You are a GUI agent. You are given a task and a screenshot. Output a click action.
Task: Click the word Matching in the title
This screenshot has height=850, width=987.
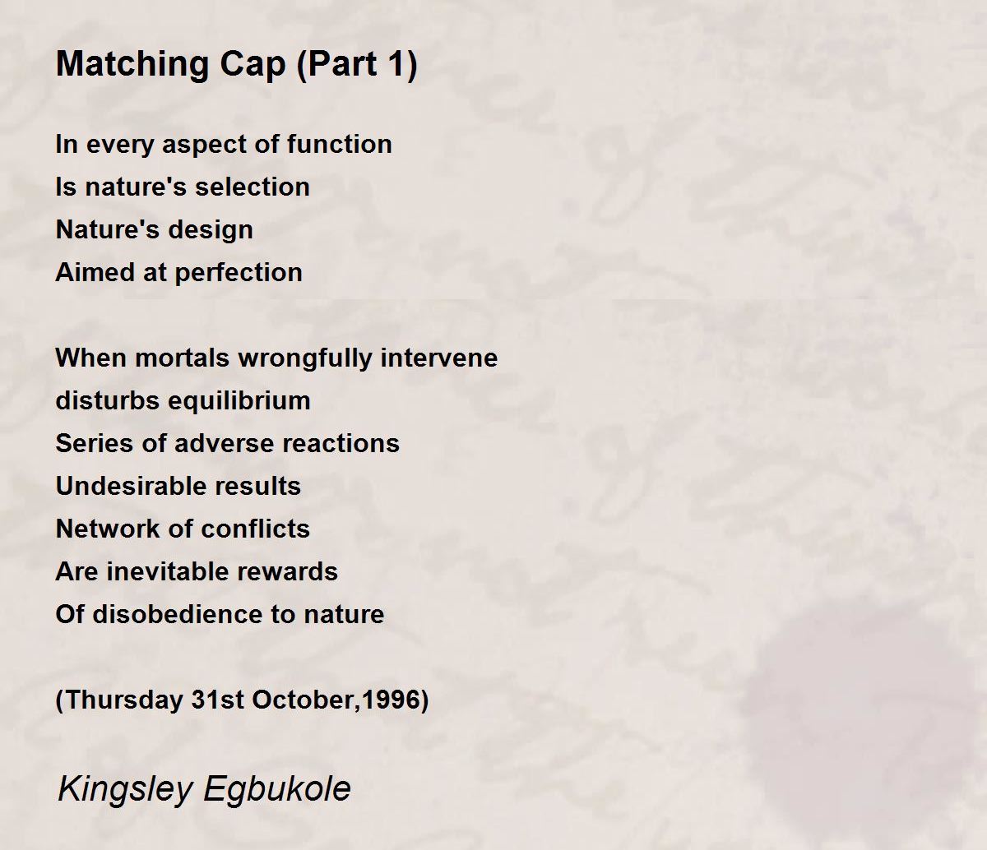pyautogui.click(x=132, y=65)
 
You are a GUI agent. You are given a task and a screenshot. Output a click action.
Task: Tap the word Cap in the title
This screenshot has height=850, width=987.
pyautogui.click(x=253, y=65)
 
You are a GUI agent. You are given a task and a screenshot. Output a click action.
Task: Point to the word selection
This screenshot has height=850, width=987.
pyautogui.click(x=253, y=187)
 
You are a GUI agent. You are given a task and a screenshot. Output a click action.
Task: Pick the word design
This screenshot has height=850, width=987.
pyautogui.click(x=211, y=230)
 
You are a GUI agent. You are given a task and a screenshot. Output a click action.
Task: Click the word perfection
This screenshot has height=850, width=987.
pyautogui.click(x=239, y=273)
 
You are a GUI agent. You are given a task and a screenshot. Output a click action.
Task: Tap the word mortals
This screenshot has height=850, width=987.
pyautogui.click(x=182, y=358)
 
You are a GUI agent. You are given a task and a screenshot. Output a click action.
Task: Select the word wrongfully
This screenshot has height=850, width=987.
pyautogui.click(x=305, y=358)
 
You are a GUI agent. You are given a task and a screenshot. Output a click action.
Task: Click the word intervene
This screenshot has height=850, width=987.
pyautogui.click(x=439, y=358)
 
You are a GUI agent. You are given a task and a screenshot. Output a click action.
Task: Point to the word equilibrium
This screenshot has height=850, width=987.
pyautogui.click(x=239, y=401)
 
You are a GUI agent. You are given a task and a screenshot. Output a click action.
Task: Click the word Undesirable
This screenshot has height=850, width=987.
pyautogui.click(x=131, y=486)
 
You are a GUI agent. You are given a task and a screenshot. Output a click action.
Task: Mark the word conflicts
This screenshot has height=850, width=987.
pyautogui.click(x=256, y=529)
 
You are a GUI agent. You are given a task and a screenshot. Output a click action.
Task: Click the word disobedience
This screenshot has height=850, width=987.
pyautogui.click(x=178, y=614)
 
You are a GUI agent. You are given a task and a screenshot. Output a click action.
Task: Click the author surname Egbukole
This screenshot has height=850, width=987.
pyautogui.click(x=277, y=788)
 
